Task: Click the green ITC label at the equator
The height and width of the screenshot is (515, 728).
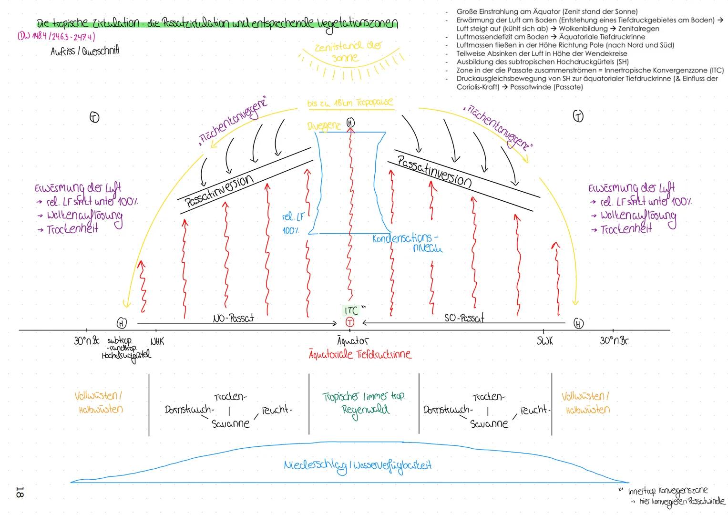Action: coord(351,311)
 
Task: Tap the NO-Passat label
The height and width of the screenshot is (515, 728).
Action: coord(233,318)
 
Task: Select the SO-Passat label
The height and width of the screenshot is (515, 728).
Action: coord(464,318)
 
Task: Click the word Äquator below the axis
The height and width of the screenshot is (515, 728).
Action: coord(353,341)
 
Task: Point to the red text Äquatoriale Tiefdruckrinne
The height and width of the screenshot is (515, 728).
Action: coord(359,354)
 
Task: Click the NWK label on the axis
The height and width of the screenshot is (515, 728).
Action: coord(157,342)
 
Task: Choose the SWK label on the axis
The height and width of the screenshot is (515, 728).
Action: coord(544,341)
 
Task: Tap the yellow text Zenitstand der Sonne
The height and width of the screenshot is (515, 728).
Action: coord(348,51)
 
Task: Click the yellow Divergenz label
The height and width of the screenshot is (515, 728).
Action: coord(324,126)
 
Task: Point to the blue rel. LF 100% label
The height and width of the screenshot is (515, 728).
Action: coord(292,223)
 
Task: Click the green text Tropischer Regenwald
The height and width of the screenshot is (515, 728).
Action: coord(363,403)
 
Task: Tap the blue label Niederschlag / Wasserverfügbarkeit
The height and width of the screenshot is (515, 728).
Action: coord(358,466)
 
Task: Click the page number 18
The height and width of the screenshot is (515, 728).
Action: coord(20,492)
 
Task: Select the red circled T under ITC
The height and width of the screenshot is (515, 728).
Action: coord(350,322)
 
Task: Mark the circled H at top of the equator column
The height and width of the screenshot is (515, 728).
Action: coord(350,123)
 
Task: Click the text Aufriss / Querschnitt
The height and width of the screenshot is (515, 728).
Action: coord(84,51)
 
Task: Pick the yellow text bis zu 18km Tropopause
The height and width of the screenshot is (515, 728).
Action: coord(350,103)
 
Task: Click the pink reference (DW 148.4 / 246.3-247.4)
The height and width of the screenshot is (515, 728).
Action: coord(56,37)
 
